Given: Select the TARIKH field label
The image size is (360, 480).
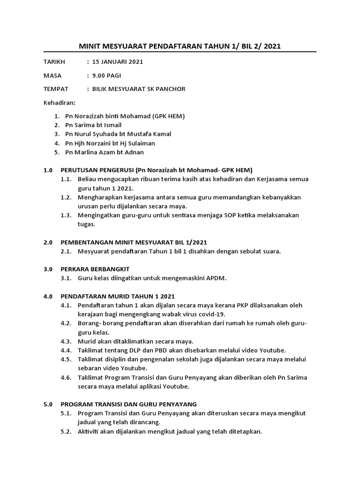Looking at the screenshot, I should (54, 61).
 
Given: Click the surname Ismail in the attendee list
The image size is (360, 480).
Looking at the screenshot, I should (112, 125).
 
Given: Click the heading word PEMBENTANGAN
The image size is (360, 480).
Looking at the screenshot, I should (88, 242).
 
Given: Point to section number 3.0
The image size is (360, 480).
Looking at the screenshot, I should (48, 269).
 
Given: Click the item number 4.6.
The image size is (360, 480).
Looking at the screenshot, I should (66, 377).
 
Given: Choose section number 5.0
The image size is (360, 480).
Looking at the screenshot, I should (48, 404).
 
